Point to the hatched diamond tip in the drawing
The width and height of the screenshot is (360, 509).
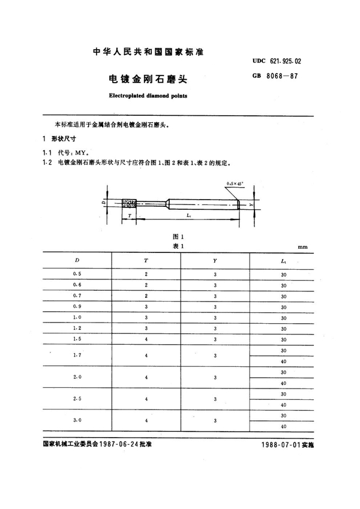coord(128,203)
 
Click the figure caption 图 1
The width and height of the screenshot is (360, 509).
coord(176,236)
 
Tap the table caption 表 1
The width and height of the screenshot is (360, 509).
coord(176,245)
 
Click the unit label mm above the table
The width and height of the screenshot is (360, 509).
coord(302,246)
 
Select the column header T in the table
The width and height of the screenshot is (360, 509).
coord(146,260)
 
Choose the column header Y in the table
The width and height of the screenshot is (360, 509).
coord(215,260)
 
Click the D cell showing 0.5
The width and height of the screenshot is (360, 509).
coord(77,274)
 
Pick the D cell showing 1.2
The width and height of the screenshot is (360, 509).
coord(77,328)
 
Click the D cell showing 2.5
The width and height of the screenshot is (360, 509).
coord(77,399)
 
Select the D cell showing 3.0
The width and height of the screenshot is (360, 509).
coord(77,420)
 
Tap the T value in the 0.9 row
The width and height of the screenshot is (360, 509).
coord(146,306)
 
